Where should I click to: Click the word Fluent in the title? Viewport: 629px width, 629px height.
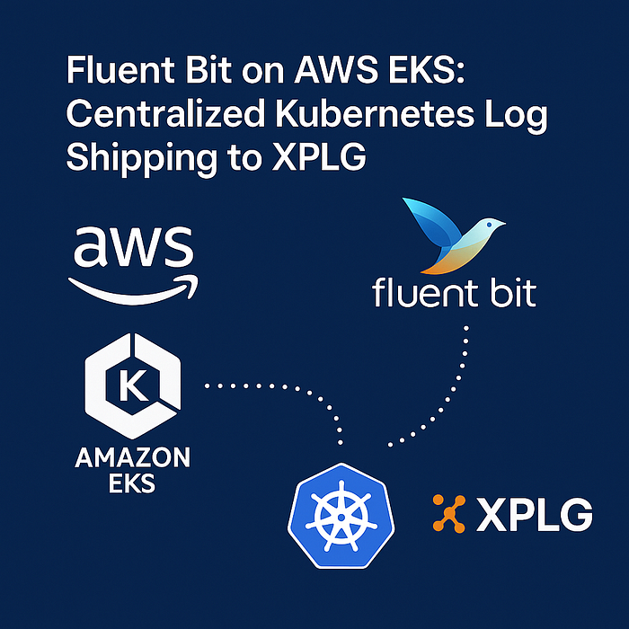coord(120,69)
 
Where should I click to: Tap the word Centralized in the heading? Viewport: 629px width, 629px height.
coord(165,113)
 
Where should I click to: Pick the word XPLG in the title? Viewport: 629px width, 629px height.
coord(319,157)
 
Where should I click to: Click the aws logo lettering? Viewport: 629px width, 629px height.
coord(134,246)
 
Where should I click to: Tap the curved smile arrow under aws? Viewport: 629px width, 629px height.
coord(133,290)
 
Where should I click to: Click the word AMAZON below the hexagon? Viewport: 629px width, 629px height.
coord(132,457)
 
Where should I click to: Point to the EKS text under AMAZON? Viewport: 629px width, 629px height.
coord(132,483)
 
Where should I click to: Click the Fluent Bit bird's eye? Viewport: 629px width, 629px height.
coord(489,225)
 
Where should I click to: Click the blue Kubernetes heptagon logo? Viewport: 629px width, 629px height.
coord(341,516)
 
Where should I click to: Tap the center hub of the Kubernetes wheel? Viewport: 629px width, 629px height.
coord(341,517)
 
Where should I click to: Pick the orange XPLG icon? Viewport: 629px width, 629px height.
coord(449,513)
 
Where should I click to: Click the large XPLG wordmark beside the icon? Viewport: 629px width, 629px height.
coord(535,514)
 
